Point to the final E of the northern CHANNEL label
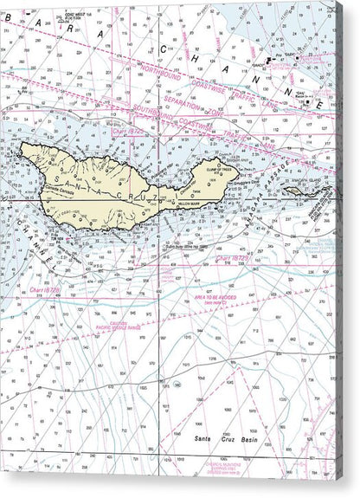click(x=322, y=104)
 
